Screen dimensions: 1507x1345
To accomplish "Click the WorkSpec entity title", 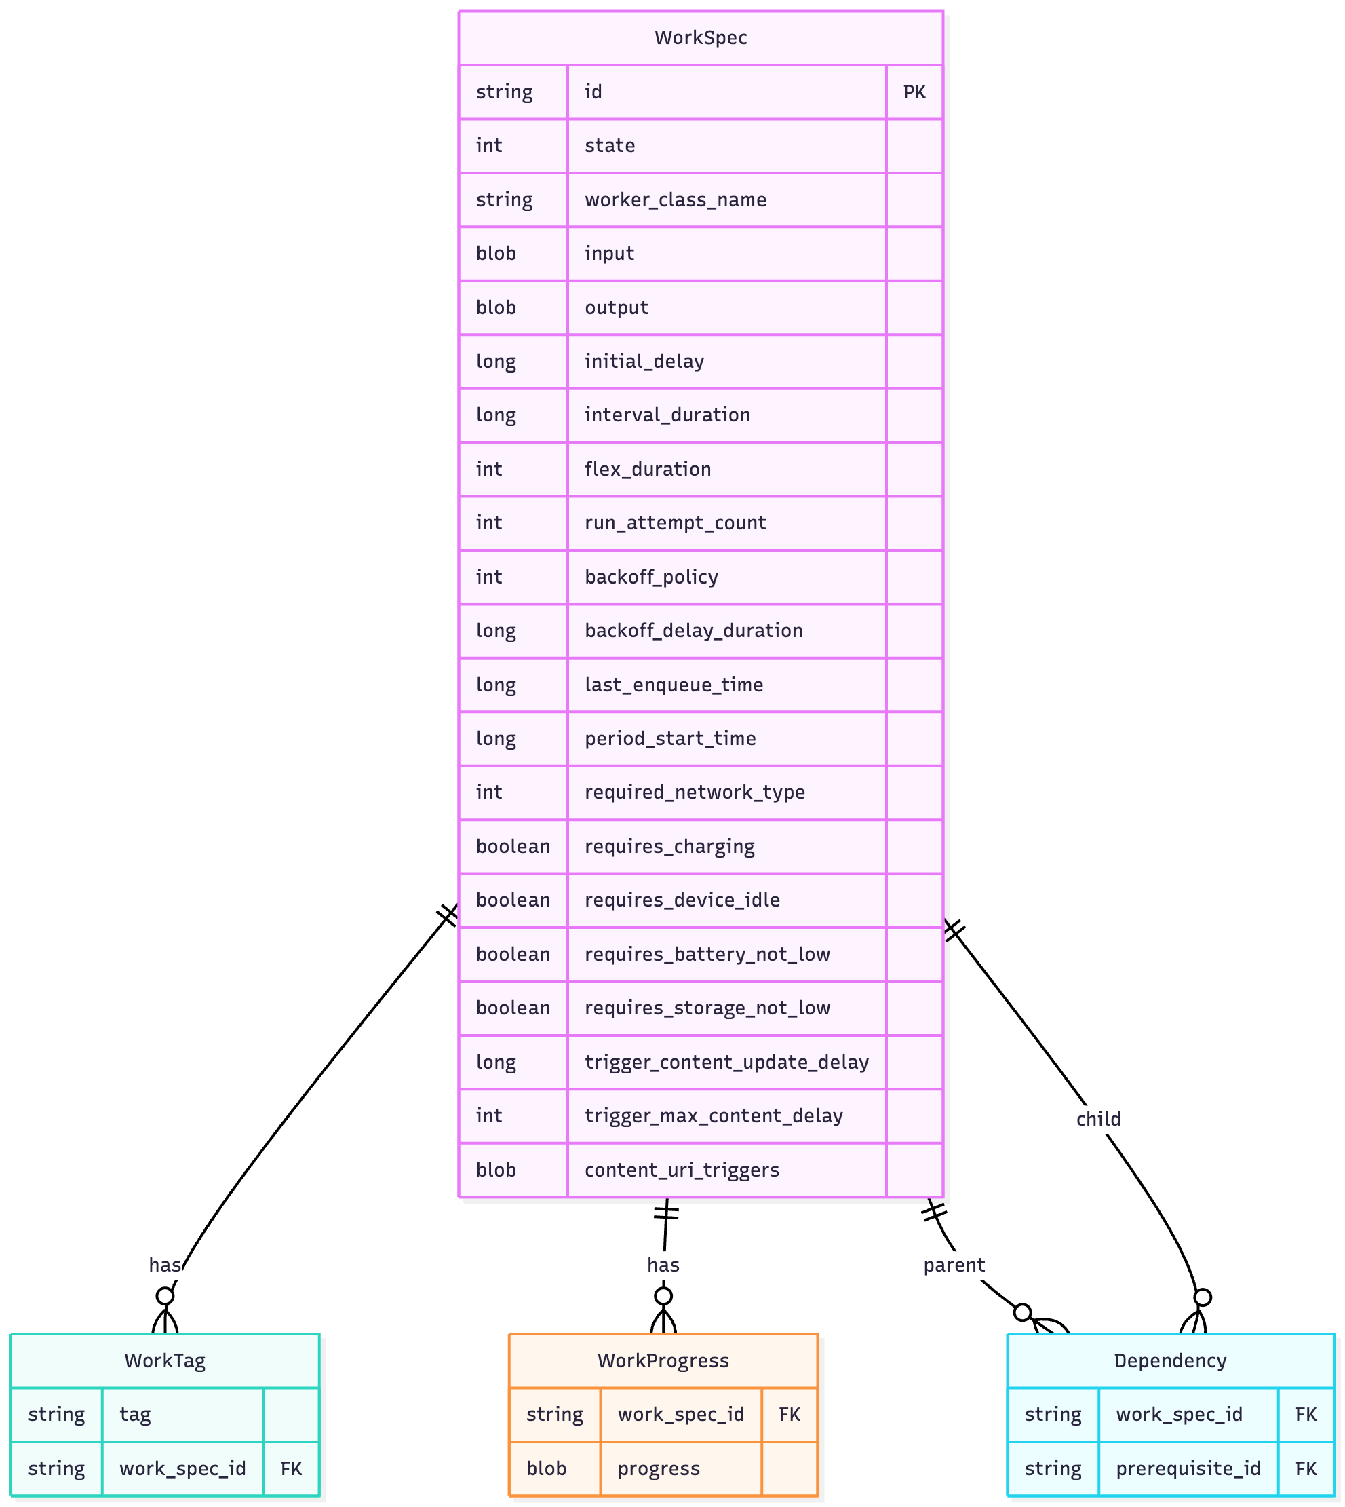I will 701,38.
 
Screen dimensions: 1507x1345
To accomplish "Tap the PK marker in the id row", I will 914,92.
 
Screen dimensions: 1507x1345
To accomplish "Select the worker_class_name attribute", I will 676,199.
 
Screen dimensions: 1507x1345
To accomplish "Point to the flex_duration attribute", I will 647,469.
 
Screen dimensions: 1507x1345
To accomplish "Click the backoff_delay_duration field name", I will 693,630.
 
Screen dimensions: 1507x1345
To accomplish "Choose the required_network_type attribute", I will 695,792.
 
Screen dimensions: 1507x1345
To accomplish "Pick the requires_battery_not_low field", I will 707,954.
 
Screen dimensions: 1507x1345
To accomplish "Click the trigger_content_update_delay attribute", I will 726,1062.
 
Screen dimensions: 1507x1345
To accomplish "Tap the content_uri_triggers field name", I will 682,1170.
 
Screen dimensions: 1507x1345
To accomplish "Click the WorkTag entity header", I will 165,1360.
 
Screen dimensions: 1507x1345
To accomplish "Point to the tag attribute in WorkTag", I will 135,1414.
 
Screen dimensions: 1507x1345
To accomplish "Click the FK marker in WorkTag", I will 291,1468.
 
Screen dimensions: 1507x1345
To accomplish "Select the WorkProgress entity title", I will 663,1360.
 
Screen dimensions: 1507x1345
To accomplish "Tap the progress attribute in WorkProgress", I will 659,1468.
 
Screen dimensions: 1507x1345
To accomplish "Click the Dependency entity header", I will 1170,1360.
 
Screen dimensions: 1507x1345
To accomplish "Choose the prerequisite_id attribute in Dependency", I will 1188,1468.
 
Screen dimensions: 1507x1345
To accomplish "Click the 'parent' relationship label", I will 954,1265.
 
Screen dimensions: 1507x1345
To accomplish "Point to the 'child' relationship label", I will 1098,1119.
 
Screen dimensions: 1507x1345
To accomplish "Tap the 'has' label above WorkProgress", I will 663,1265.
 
